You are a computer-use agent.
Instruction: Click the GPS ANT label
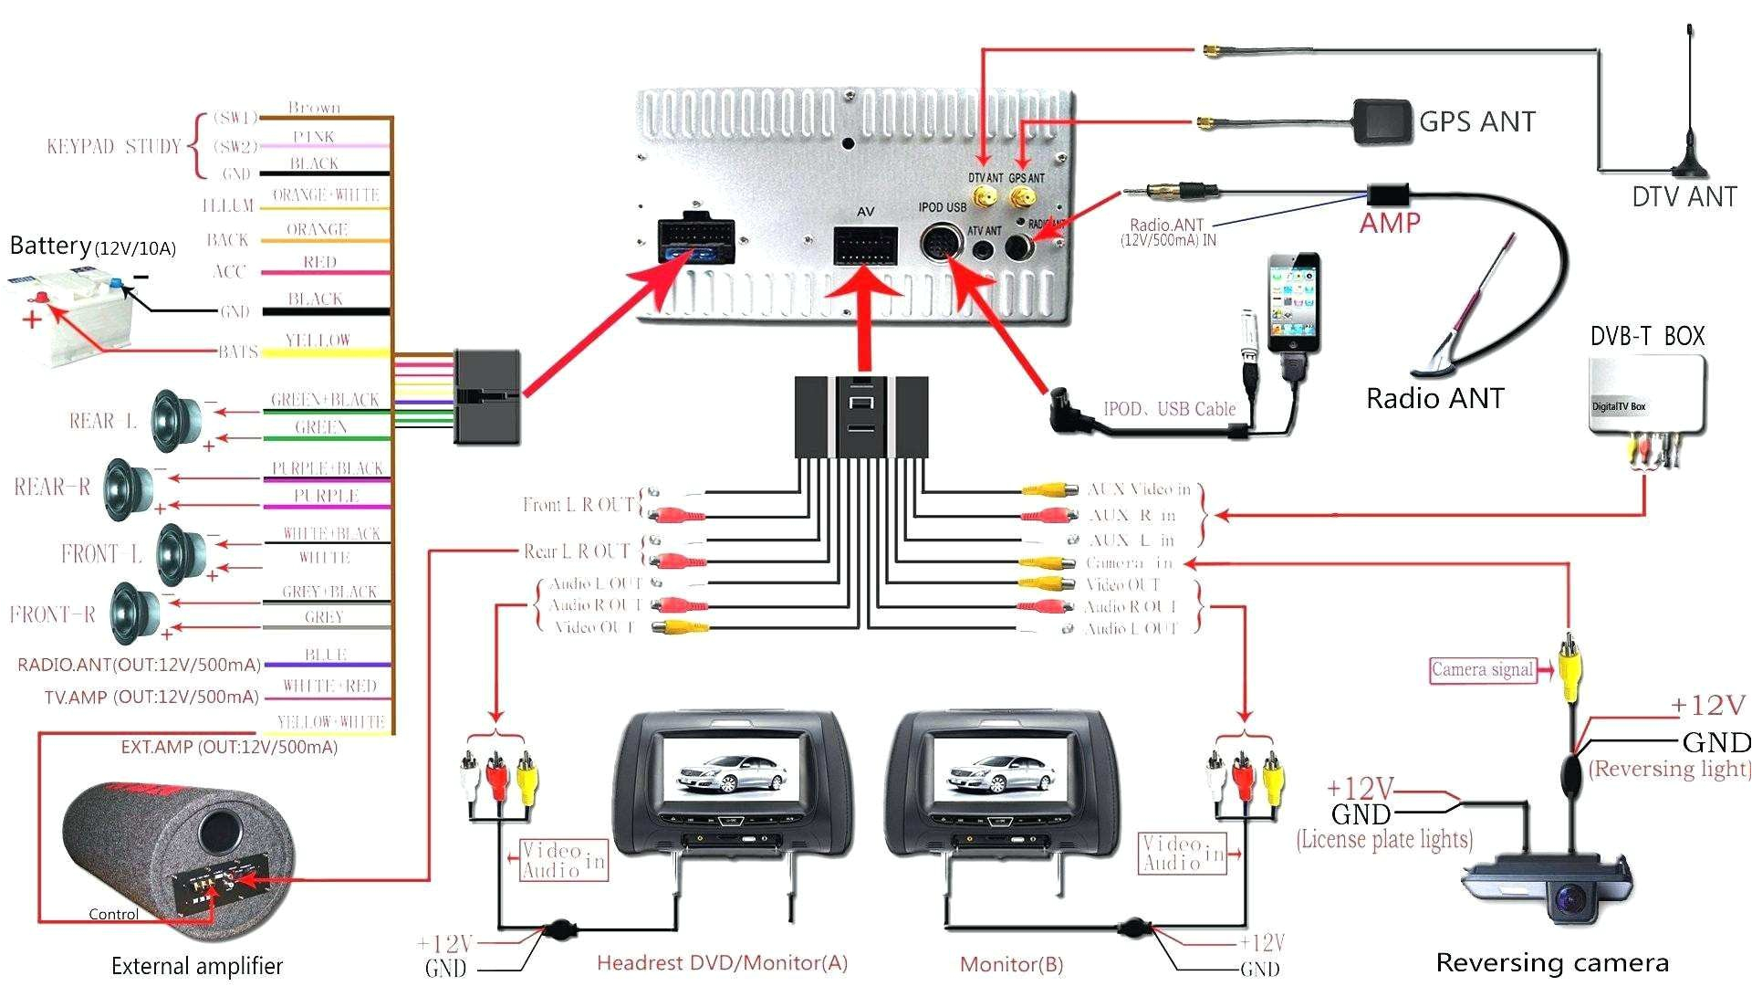coord(1476,121)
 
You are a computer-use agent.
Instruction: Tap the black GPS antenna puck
coord(1382,121)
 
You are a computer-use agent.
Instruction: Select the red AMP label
coord(1390,223)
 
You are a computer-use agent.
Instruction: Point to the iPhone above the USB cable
coord(1293,303)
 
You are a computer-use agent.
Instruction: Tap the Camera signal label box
coord(1482,670)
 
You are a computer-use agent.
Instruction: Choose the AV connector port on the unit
coord(864,246)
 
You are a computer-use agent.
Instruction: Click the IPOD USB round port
coord(940,244)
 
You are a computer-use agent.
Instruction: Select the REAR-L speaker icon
coord(175,421)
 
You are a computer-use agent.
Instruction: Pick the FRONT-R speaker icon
coord(135,614)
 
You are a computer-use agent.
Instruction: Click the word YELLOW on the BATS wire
coord(318,341)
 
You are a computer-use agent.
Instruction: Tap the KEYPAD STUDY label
coord(113,146)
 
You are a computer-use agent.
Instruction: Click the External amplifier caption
coord(197,966)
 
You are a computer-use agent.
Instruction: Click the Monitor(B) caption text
coord(1011,964)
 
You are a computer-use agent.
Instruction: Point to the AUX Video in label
coord(1139,489)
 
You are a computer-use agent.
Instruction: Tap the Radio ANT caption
coord(1434,398)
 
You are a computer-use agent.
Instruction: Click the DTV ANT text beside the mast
coord(1684,196)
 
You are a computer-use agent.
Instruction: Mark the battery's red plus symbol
coord(32,319)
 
